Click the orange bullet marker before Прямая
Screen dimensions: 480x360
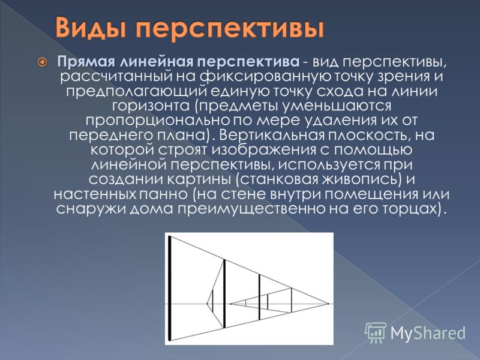[x=43, y=62]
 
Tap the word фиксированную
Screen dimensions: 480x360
[x=265, y=76]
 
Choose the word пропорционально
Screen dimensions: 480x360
[x=158, y=121]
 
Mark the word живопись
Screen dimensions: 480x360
[x=361, y=179]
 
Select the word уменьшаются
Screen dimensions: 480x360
[x=337, y=106]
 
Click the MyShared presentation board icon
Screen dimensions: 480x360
[x=376, y=332]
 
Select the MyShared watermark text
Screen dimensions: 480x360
[x=428, y=333]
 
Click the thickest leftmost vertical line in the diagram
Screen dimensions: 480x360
[x=169, y=288]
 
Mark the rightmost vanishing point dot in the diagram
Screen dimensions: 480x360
[x=328, y=304]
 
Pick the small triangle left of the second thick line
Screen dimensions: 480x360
[x=211, y=304]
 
